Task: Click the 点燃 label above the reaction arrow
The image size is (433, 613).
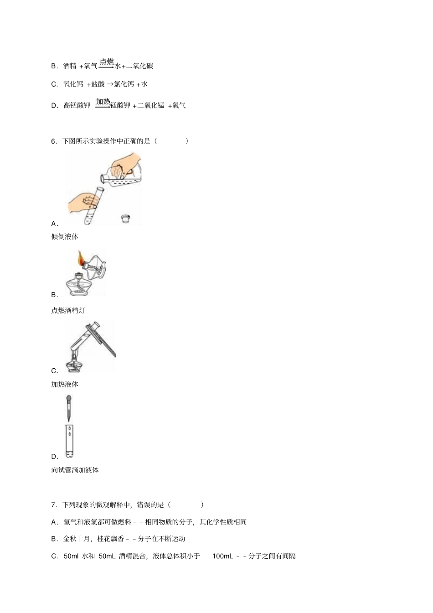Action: click(x=107, y=62)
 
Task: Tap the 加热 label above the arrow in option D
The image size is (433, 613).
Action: click(x=103, y=102)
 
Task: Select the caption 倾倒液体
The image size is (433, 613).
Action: click(x=65, y=237)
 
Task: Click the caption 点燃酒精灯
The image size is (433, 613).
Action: click(x=68, y=311)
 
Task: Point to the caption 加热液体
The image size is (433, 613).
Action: click(x=65, y=385)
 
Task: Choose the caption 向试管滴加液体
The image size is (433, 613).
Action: click(x=75, y=470)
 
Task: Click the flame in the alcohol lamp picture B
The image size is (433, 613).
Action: click(x=81, y=258)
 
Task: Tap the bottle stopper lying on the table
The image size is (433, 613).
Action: click(x=125, y=218)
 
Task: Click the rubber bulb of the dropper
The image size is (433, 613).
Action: click(x=69, y=397)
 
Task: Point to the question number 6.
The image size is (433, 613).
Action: click(x=53, y=141)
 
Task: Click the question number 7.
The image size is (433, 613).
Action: click(x=53, y=505)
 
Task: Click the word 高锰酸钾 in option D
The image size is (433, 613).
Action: click(x=77, y=105)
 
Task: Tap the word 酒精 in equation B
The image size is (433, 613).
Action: click(x=70, y=66)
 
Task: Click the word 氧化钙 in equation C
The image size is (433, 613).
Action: click(x=73, y=84)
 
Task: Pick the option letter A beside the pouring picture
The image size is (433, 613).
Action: click(x=54, y=224)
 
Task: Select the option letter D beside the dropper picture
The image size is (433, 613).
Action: click(x=54, y=457)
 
